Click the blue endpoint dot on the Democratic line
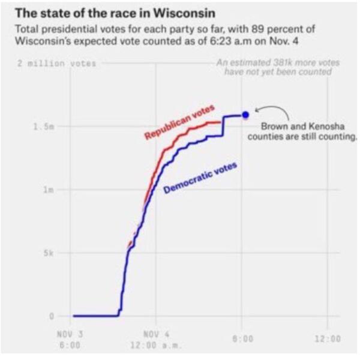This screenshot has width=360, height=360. [x=245, y=115]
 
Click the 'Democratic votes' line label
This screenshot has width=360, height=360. [x=200, y=178]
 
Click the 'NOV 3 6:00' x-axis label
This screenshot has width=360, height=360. [x=70, y=340]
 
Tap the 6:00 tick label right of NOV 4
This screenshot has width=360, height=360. [x=242, y=338]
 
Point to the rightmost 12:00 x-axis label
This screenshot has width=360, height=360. [x=328, y=338]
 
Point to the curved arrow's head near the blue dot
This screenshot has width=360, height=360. [x=256, y=110]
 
